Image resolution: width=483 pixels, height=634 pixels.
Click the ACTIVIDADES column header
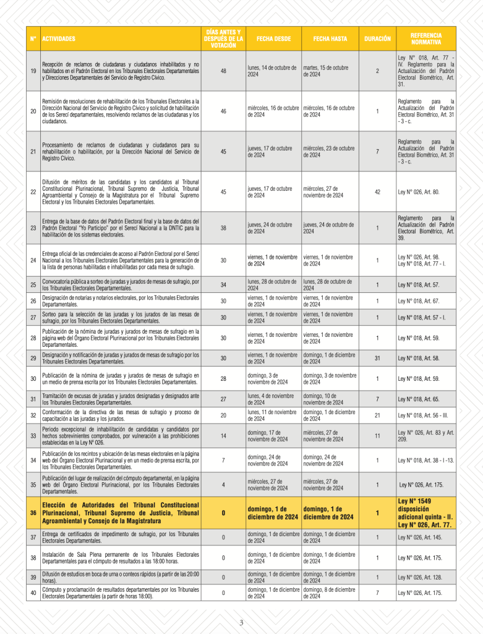tap(59, 38)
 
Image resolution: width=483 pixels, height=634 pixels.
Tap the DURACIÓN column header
tap(377, 38)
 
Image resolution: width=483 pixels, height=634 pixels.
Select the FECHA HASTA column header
tap(330, 38)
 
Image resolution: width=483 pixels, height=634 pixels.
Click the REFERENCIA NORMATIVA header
tap(425, 38)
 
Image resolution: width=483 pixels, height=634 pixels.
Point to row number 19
tap(33, 71)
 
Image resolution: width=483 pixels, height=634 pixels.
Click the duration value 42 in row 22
tap(377, 192)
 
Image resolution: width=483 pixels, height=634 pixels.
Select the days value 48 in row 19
tap(223, 71)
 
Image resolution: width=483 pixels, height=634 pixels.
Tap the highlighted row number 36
tap(33, 513)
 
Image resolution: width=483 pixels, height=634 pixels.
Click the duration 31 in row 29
tap(377, 358)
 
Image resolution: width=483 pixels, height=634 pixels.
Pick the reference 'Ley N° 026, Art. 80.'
tap(418, 192)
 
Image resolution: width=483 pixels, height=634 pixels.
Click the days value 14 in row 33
tap(223, 436)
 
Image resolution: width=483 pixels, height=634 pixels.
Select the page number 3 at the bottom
tap(241, 622)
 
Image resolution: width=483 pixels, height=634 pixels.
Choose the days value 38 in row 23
tap(223, 228)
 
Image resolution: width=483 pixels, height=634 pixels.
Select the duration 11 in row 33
tap(377, 436)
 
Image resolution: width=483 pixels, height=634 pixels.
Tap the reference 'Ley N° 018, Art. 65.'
tap(419, 399)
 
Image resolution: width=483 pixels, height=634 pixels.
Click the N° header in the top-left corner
tap(33, 38)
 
